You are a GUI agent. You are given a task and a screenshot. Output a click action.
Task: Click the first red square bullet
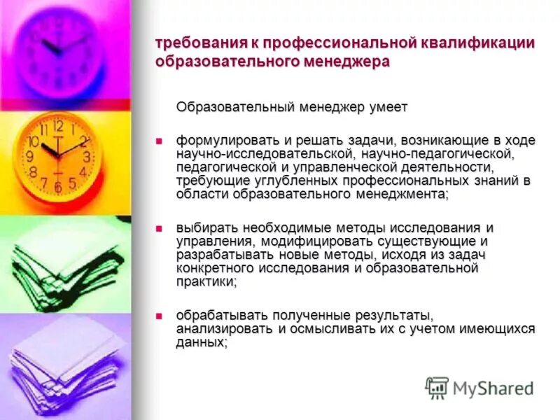point(159,140)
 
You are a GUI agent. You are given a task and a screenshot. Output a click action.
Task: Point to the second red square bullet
point(159,228)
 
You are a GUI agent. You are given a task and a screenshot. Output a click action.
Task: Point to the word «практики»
point(205,281)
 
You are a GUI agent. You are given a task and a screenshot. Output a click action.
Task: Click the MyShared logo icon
point(437,387)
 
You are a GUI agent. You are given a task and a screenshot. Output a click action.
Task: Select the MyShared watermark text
point(493,388)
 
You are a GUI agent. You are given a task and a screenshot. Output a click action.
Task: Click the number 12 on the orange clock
point(58,126)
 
